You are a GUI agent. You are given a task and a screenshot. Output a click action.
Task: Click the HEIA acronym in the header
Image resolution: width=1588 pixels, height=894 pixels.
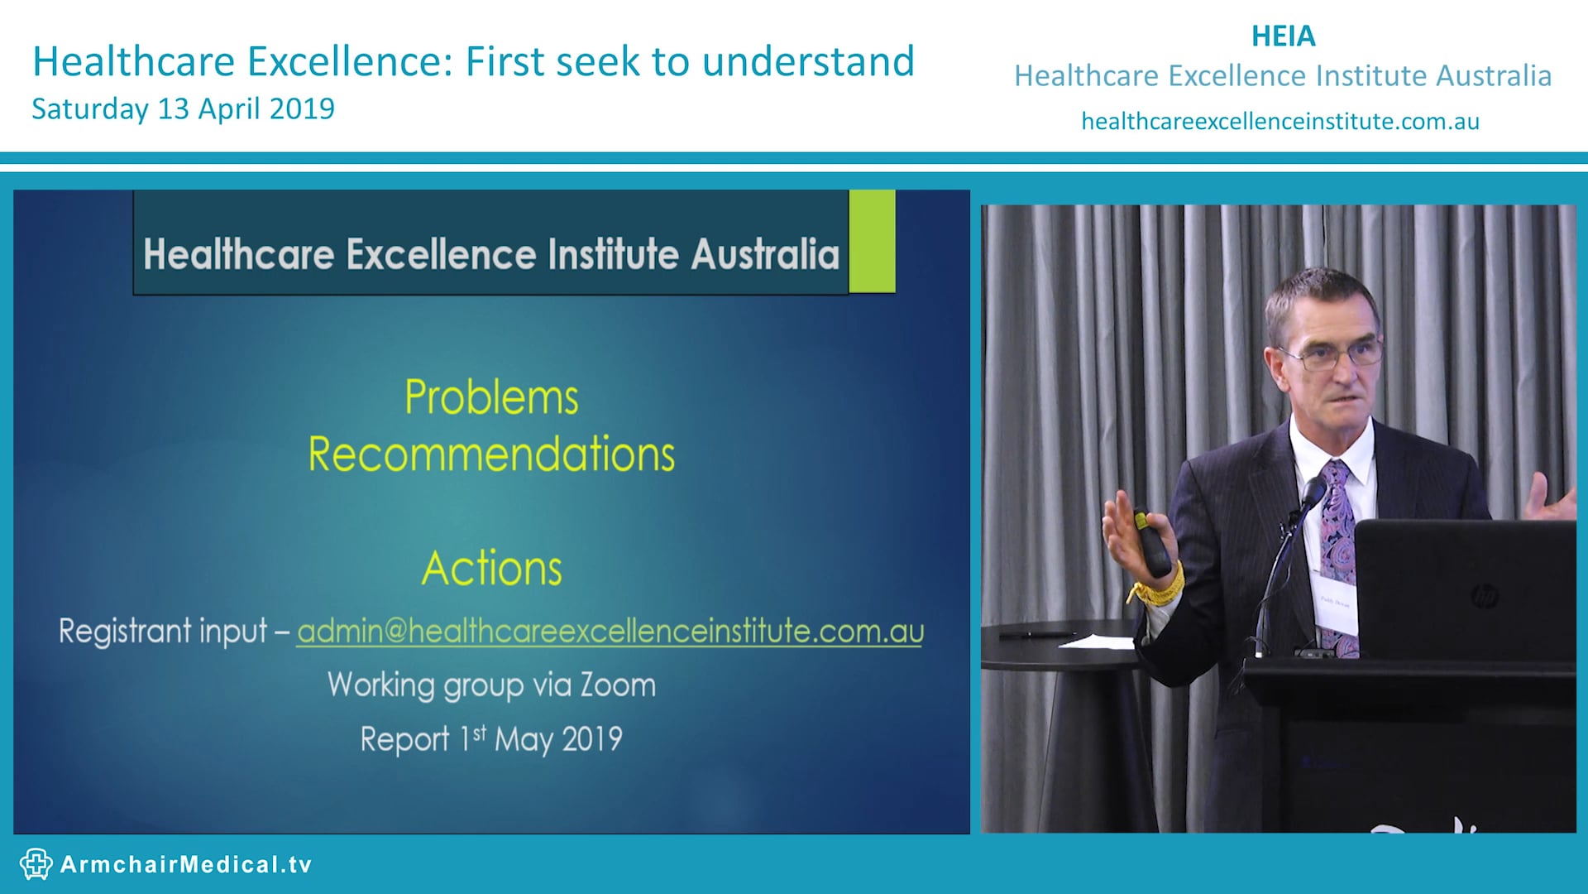pyautogui.click(x=1283, y=36)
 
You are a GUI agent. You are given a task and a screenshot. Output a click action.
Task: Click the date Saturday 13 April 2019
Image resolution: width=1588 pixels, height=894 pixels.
pyautogui.click(x=183, y=108)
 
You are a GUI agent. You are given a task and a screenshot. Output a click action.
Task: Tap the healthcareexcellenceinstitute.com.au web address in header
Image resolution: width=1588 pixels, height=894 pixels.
pyautogui.click(x=1279, y=122)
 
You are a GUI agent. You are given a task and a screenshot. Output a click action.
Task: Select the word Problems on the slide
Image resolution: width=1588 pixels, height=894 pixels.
pyautogui.click(x=491, y=397)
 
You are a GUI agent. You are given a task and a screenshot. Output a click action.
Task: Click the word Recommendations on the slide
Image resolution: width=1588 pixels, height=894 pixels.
pyautogui.click(x=491, y=454)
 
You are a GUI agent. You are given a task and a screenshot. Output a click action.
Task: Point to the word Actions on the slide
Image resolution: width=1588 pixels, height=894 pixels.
pyautogui.click(x=491, y=569)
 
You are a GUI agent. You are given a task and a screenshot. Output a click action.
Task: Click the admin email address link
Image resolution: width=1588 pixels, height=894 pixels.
pyautogui.click(x=610, y=632)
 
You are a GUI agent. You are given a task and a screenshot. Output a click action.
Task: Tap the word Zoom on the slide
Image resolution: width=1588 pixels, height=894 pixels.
pyautogui.click(x=617, y=685)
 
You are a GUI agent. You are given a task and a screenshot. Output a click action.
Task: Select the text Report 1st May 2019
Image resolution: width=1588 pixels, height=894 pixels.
pyautogui.click(x=491, y=738)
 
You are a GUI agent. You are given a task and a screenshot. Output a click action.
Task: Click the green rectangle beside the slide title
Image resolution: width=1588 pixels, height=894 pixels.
pyautogui.click(x=872, y=241)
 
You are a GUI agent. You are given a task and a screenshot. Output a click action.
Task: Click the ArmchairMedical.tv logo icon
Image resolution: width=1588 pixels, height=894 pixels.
pyautogui.click(x=36, y=864)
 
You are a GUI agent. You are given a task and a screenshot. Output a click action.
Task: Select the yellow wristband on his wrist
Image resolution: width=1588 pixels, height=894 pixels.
pyautogui.click(x=1158, y=589)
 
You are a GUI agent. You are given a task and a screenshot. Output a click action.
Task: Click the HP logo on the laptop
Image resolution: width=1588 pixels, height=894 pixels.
pyautogui.click(x=1484, y=595)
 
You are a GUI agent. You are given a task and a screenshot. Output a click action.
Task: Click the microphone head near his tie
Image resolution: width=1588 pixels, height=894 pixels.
pyautogui.click(x=1313, y=493)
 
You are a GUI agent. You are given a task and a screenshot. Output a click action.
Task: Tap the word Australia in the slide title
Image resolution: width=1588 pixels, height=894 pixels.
pyautogui.click(x=765, y=254)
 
